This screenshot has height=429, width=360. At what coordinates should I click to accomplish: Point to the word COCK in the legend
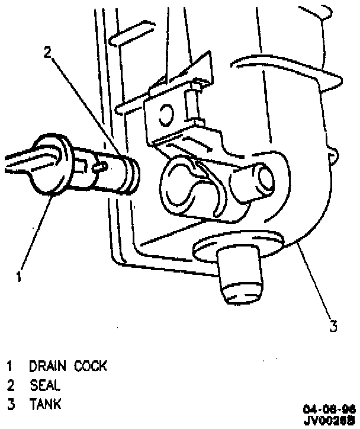click(x=91, y=366)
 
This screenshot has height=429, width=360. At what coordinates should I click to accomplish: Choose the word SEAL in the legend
click(x=45, y=385)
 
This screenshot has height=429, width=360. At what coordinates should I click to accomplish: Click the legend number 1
click(x=10, y=366)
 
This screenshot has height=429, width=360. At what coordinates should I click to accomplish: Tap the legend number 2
click(x=10, y=385)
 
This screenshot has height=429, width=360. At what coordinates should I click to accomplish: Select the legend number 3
click(x=10, y=405)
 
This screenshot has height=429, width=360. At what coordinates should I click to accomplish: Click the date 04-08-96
click(x=329, y=409)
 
